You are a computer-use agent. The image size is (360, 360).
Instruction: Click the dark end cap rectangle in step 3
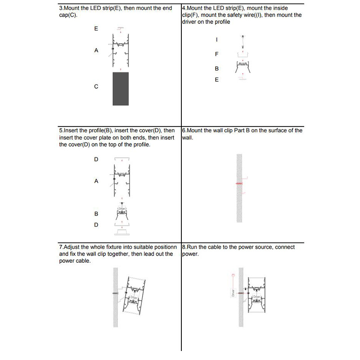tap(121, 88)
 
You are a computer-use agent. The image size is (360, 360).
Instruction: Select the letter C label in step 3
tap(96, 86)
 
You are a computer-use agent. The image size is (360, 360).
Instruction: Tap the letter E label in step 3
tap(96, 28)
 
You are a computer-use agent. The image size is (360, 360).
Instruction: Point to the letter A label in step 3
tap(96, 51)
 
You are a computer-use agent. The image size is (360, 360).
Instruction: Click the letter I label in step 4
tap(217, 40)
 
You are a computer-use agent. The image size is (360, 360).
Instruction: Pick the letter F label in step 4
tap(217, 54)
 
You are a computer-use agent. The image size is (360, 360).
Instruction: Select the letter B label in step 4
tap(217, 69)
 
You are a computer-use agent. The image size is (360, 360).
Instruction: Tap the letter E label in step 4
tap(217, 80)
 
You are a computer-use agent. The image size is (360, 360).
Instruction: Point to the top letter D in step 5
tap(96, 159)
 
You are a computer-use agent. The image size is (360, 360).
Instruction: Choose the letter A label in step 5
tap(96, 181)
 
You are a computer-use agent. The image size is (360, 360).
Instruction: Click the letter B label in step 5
tap(96, 214)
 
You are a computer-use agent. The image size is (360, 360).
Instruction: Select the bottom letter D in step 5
tap(96, 225)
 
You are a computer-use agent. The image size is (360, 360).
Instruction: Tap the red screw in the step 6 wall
tap(239, 184)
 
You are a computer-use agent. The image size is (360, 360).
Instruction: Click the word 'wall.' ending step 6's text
tap(188, 138)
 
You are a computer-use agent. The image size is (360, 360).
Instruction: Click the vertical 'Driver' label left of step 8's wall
tap(233, 293)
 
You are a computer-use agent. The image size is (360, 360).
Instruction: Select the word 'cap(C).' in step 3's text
tap(68, 15)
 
